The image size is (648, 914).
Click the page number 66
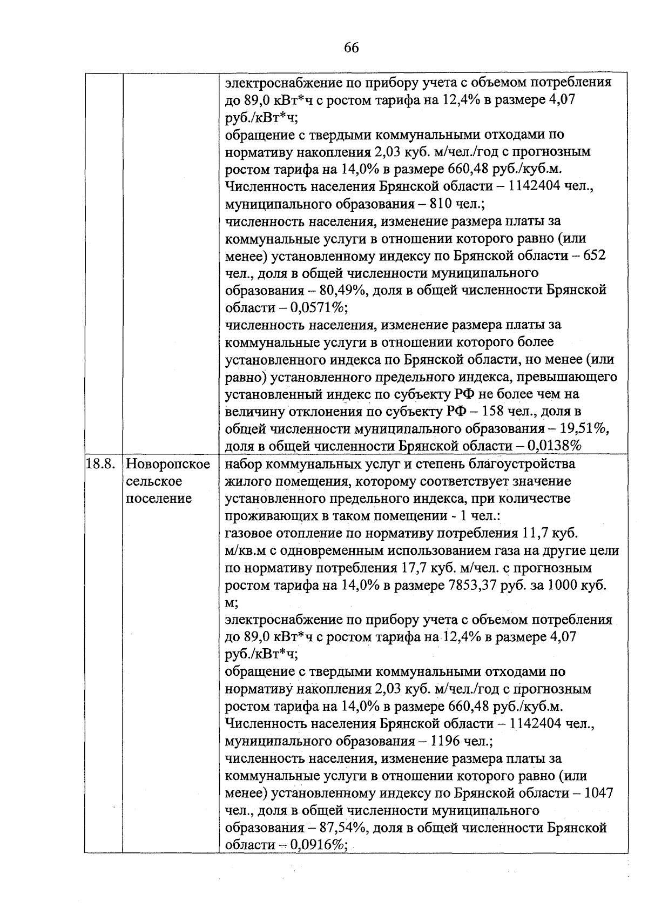(351, 48)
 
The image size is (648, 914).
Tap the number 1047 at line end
(599, 793)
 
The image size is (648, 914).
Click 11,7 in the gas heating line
(536, 534)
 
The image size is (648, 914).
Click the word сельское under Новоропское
(154, 481)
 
